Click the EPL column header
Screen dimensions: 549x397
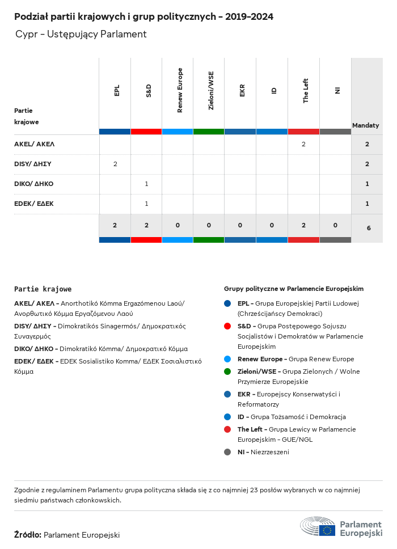click(x=117, y=91)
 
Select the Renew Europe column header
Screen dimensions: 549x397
click(x=180, y=90)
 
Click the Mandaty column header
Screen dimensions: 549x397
click(x=366, y=125)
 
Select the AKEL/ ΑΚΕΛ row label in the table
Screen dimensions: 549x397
click(x=35, y=144)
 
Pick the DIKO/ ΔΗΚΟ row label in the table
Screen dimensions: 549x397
click(x=34, y=184)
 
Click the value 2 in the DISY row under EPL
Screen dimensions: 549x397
click(x=115, y=164)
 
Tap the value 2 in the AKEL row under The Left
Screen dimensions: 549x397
click(x=303, y=144)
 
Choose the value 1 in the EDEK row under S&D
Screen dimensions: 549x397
click(x=146, y=204)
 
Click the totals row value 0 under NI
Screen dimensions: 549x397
click(x=335, y=225)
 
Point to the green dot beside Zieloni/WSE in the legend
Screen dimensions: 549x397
click(x=227, y=371)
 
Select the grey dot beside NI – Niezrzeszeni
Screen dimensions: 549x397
click(x=227, y=452)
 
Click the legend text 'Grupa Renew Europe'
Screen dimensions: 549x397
click(x=321, y=359)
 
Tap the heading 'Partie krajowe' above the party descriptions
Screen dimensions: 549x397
click(x=43, y=289)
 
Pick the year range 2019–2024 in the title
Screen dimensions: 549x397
click(x=249, y=17)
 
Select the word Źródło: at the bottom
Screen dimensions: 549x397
click(x=27, y=535)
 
